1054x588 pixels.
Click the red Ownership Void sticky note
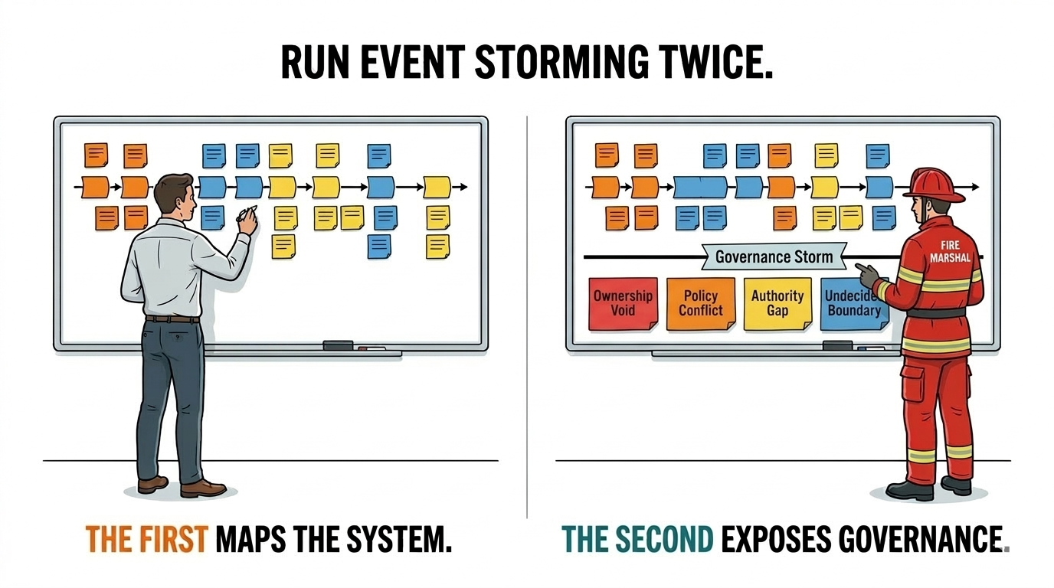tap(623, 303)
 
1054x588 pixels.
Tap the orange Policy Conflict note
tap(700, 303)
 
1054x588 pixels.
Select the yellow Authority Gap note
tap(777, 303)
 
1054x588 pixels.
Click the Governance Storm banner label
tap(773, 256)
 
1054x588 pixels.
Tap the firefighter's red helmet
tap(936, 185)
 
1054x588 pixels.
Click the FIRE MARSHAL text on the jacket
tap(949, 252)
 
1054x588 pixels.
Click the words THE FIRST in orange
tap(146, 540)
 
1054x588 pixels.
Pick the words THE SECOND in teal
tap(637, 540)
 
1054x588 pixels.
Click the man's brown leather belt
tap(172, 318)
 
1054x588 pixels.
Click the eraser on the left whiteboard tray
tap(338, 346)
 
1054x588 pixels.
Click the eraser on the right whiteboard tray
tap(838, 346)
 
